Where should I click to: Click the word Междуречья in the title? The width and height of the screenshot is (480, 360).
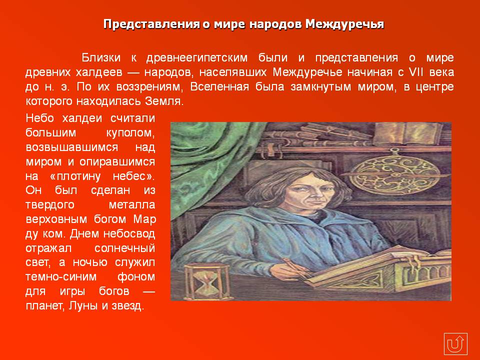coord(344,24)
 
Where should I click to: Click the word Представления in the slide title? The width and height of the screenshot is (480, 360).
coord(151,24)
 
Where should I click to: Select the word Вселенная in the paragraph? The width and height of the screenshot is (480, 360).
coord(219,86)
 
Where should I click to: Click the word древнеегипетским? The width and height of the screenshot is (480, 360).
coord(197,58)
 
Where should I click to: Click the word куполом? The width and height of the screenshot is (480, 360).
coord(130,133)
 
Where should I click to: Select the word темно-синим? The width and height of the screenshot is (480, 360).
coord(61,276)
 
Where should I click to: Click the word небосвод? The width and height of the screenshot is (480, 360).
coord(129,233)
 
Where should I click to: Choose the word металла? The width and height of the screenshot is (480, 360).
coord(132,205)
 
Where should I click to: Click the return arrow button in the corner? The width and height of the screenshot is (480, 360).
coord(455,344)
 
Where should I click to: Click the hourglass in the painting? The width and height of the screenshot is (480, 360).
coord(207,281)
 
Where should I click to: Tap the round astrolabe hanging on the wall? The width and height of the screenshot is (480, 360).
coord(395,173)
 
